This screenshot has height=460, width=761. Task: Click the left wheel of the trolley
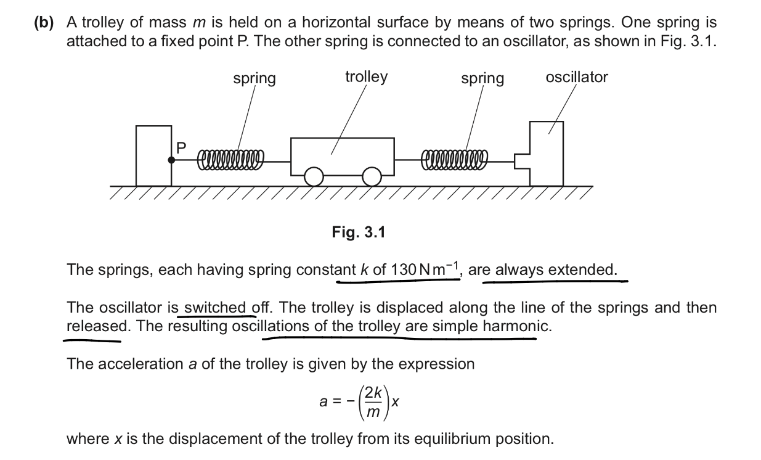tap(314, 176)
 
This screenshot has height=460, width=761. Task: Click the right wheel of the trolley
tap(372, 176)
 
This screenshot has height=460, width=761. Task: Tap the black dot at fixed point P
tap(172, 160)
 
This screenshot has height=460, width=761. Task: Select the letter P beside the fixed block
tap(181, 147)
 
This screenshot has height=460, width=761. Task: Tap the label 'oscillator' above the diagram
tap(576, 77)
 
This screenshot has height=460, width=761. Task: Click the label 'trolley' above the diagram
tap(366, 76)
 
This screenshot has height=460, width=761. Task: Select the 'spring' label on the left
tap(254, 79)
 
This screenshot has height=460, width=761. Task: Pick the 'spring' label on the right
tap(482, 79)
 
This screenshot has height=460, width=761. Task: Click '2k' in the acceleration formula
tap(373, 392)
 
